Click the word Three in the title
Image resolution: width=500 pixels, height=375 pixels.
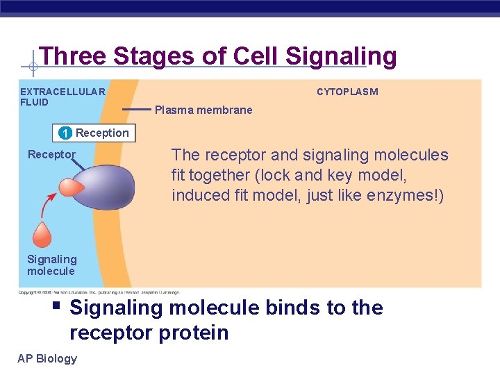(x=67, y=56)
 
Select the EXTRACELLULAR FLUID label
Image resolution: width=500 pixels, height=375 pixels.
(x=62, y=97)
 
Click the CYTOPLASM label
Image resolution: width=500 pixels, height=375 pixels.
(x=347, y=92)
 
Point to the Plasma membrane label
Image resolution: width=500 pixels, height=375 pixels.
(x=203, y=110)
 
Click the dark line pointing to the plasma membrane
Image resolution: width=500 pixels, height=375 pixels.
(x=136, y=110)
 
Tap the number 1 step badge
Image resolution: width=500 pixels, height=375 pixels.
(x=64, y=133)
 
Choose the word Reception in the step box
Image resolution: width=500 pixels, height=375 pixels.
(x=102, y=133)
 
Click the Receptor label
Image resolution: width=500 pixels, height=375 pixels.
(x=51, y=154)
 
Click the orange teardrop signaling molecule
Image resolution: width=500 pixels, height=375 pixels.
(x=43, y=234)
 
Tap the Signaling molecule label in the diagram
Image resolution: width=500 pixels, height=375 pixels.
(x=52, y=265)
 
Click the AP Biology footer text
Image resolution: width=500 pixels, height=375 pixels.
(x=48, y=358)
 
